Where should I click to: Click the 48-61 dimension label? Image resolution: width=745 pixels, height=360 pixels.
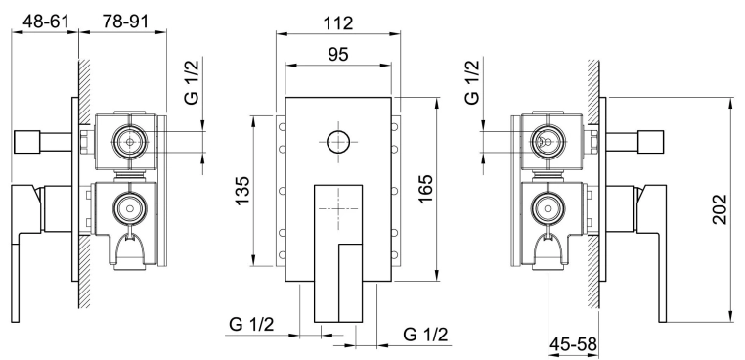46,22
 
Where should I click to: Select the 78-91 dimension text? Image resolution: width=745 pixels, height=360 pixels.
125,22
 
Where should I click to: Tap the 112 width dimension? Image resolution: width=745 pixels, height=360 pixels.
338,22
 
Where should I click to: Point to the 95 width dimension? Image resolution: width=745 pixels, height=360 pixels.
338,54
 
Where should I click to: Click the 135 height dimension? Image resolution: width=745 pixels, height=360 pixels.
242,191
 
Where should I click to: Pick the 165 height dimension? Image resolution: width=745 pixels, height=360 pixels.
425,189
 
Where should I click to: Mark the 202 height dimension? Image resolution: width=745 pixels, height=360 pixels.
720,209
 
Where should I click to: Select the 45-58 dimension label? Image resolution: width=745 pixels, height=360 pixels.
574,343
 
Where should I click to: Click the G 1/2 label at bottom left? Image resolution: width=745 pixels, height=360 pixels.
252,326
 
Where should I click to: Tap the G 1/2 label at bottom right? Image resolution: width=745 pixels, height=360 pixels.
425,335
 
